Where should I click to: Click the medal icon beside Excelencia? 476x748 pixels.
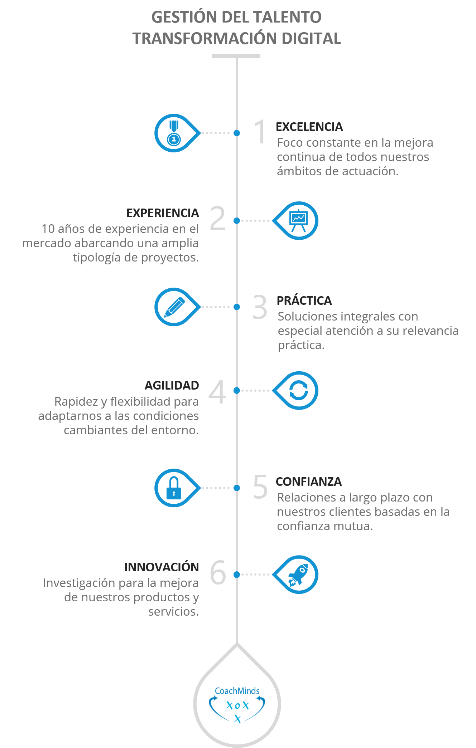(x=174, y=133)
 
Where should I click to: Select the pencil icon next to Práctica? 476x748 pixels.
(x=174, y=307)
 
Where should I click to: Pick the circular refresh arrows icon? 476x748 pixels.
(x=298, y=390)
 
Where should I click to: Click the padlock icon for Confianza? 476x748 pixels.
(x=174, y=488)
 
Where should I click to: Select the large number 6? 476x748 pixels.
(x=218, y=572)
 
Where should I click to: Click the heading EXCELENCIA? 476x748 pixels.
(x=309, y=127)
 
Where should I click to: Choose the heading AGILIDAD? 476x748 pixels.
(x=172, y=385)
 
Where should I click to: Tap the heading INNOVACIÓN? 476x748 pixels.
(x=162, y=567)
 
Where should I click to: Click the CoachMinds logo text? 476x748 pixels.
(x=237, y=691)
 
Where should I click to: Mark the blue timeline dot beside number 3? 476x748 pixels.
(x=237, y=307)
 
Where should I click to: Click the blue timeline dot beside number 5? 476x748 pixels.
(x=237, y=488)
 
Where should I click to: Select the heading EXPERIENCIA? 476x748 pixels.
(x=163, y=213)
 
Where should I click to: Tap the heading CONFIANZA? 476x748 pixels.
(x=309, y=481)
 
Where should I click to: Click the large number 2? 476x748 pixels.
(x=218, y=218)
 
